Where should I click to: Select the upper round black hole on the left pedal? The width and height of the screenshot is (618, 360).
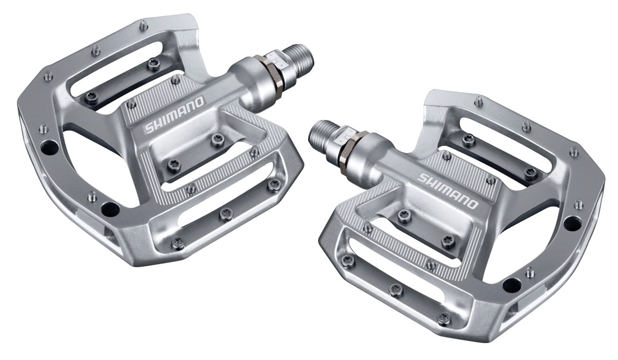pyautogui.click(x=49, y=148)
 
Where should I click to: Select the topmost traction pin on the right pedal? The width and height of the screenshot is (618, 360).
pyautogui.click(x=479, y=101)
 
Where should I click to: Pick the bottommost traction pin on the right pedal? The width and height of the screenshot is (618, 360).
pyautogui.click(x=444, y=318)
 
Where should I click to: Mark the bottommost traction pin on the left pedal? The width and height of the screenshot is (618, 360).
pyautogui.click(x=178, y=243)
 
